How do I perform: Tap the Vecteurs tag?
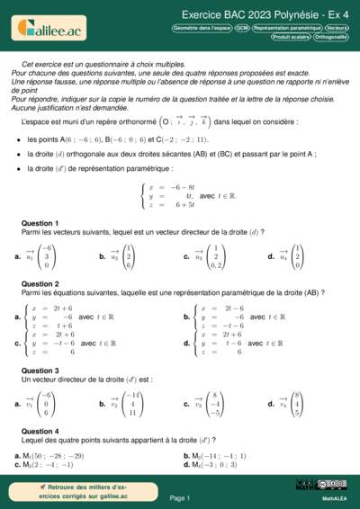[x=337, y=29]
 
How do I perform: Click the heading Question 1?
[x=40, y=223]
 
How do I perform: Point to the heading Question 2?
[x=40, y=284]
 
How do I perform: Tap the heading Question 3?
[x=40, y=371]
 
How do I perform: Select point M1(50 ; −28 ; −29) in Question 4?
[x=53, y=456]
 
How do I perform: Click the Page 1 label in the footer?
[x=179, y=497]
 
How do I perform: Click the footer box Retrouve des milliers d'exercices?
[x=58, y=491]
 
